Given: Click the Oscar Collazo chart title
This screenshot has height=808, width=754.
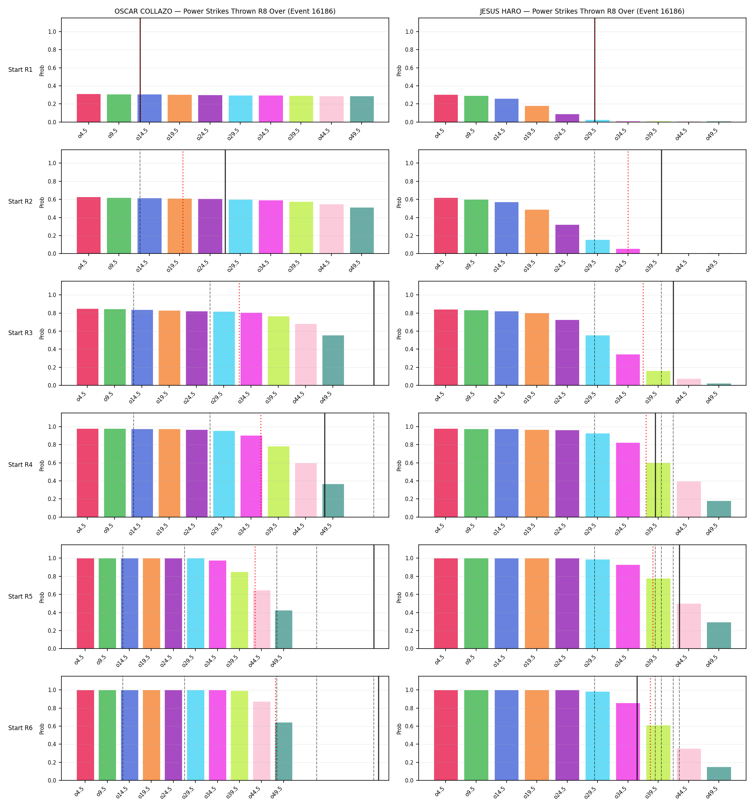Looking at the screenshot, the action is (x=225, y=11).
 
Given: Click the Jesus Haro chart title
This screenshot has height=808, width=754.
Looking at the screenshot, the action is (x=582, y=11).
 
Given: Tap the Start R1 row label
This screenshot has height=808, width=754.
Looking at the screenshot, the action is (x=20, y=70).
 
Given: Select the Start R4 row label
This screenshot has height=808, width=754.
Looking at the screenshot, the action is (x=20, y=465).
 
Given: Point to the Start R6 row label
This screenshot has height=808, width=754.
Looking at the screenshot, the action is (x=20, y=728).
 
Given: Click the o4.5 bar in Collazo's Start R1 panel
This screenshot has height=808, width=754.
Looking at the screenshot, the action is (x=89, y=108).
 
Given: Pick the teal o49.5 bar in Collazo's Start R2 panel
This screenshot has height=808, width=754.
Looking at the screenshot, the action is (x=362, y=231).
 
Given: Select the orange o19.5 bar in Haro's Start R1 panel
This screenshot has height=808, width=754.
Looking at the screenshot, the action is (x=536, y=114).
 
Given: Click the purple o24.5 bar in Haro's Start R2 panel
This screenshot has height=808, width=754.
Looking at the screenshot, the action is (x=567, y=239).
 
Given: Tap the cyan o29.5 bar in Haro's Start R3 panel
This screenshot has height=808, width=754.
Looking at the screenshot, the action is (x=597, y=360).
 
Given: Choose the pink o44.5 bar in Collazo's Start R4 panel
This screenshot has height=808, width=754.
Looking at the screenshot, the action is (x=306, y=490).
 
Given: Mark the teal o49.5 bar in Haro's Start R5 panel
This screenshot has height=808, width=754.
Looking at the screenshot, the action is (x=719, y=635).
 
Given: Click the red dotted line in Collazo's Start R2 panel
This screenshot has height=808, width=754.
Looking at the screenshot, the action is (x=183, y=201).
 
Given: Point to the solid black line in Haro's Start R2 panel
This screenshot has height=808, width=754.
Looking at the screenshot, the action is (x=661, y=201).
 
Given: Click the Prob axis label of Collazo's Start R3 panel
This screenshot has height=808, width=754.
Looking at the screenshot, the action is (x=42, y=334).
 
